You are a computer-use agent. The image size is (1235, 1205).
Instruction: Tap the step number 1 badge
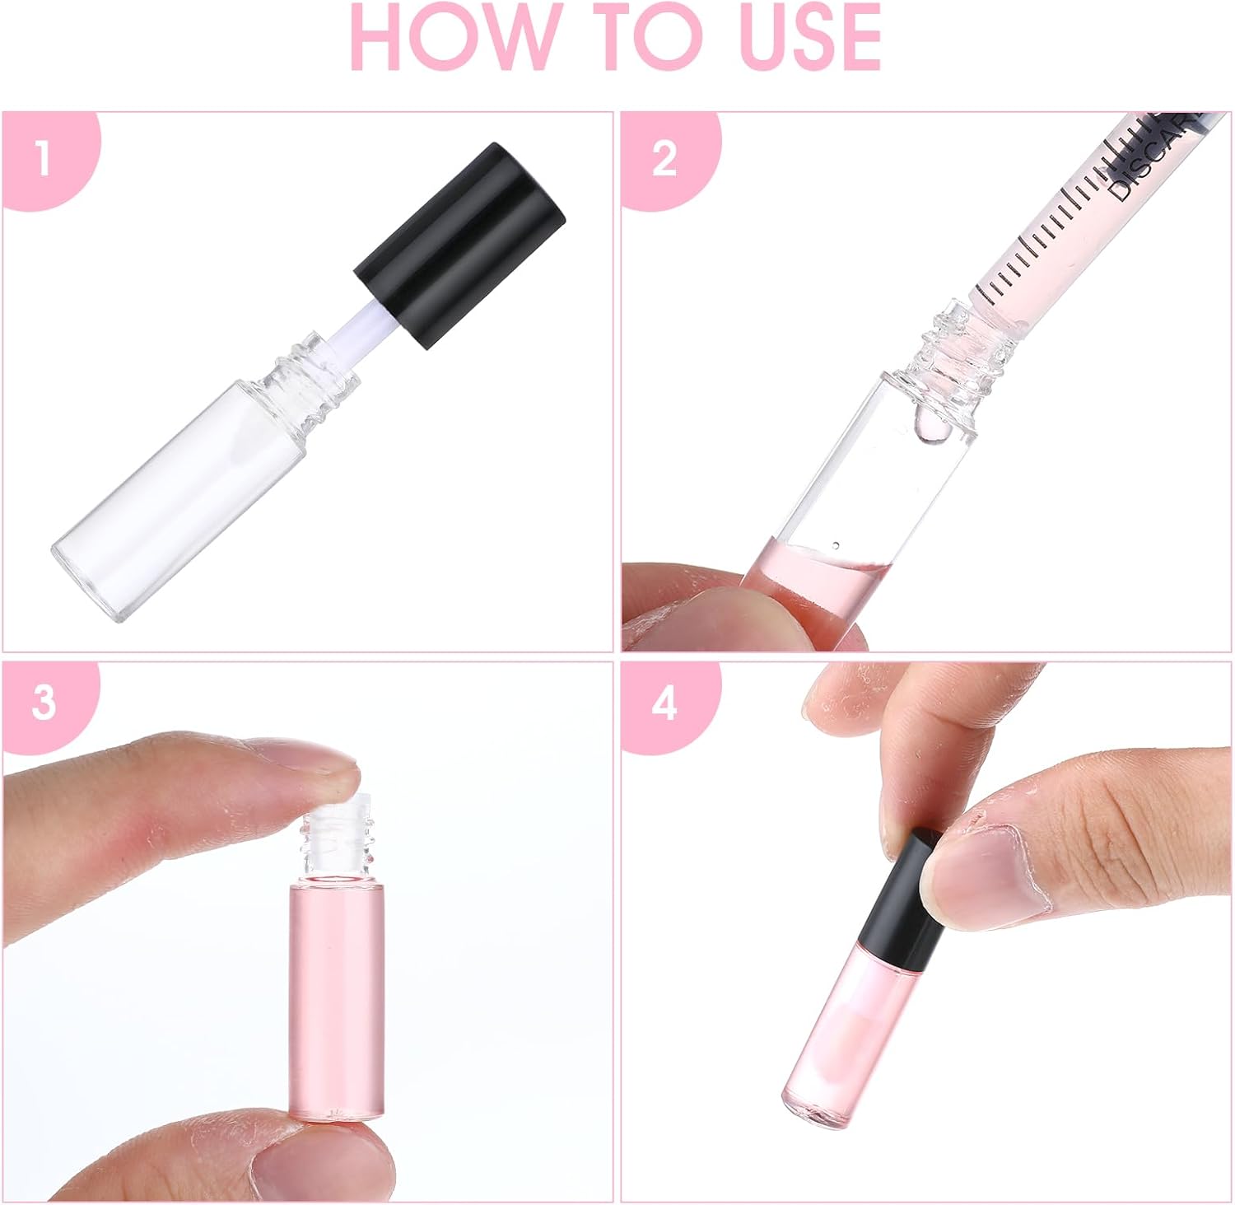pos(43,159)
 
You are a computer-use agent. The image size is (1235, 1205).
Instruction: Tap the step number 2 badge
pos(664,159)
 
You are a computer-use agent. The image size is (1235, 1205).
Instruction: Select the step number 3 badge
pos(43,704)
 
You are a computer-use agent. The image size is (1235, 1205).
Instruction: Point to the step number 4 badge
pos(664,704)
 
